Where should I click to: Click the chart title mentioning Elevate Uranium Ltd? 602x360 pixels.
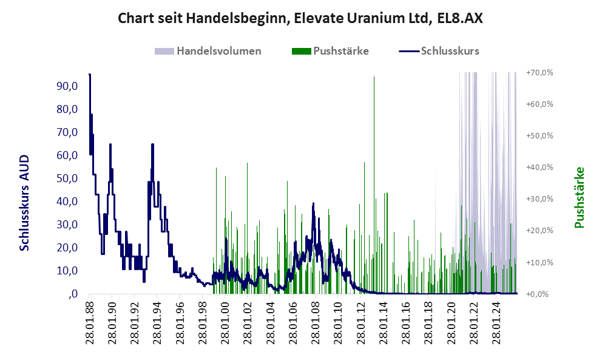tap(300, 18)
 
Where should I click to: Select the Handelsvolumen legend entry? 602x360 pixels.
tap(218, 51)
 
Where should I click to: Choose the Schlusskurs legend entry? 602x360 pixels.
tap(450, 51)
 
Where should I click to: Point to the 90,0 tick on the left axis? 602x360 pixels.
tap(67, 86)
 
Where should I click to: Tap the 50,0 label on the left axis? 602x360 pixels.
tap(67, 178)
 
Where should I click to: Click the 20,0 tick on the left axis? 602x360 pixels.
tap(67, 248)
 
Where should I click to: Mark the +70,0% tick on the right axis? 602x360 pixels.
tap(539, 73)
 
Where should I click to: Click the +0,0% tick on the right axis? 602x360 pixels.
tap(539, 294)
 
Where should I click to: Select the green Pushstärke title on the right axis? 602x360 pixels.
tap(579, 197)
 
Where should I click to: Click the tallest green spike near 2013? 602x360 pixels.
tap(374, 78)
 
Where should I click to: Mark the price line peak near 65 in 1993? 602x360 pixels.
tap(152, 145)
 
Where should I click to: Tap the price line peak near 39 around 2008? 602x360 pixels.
tap(313, 204)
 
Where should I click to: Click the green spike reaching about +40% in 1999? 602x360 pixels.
tap(216, 169)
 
